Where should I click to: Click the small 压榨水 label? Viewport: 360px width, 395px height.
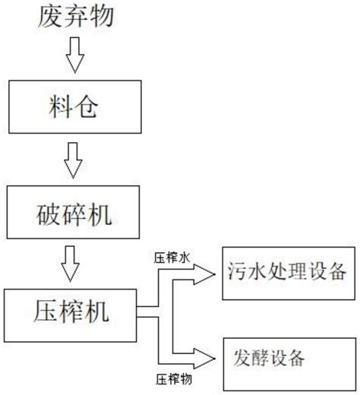172,258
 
